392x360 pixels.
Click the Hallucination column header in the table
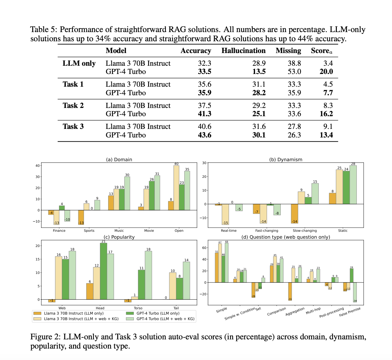243,51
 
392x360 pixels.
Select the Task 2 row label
73,105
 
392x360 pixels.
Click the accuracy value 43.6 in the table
205,135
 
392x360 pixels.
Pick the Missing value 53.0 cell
294,71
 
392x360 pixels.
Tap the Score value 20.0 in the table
326,71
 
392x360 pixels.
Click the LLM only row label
79,63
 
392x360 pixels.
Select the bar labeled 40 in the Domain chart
176,188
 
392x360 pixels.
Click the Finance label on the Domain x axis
59,230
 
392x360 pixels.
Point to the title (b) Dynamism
285,160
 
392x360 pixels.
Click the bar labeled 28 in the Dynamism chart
353,185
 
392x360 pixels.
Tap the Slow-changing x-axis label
304,230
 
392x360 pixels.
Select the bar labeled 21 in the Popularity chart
103,271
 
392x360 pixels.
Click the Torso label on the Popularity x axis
138,308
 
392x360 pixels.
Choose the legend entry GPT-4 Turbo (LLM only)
158,313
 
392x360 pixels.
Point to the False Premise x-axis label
350,312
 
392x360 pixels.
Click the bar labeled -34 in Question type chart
355,292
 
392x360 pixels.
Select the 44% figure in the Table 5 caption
305,39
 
